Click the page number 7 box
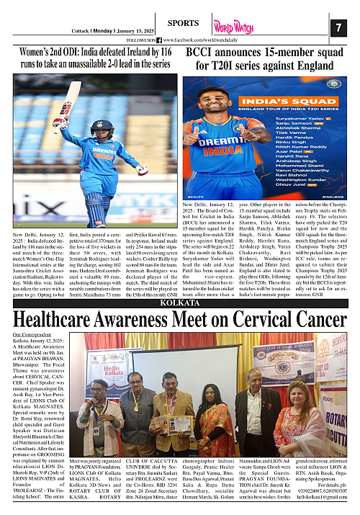(338, 27)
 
